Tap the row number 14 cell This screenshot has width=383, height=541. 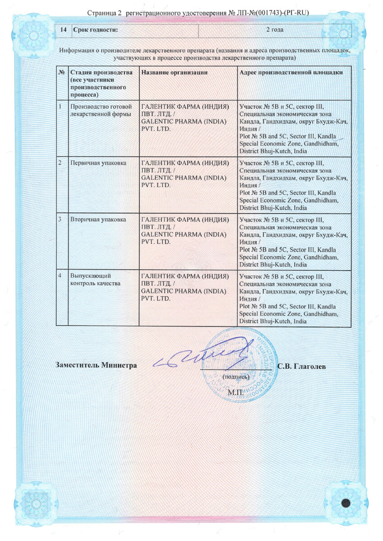64,30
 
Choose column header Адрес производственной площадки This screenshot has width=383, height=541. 291,73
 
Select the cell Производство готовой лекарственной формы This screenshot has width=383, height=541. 101,110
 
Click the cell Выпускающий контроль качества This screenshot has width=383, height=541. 95,280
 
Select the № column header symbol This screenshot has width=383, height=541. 60,73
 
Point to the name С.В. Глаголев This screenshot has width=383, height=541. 302,366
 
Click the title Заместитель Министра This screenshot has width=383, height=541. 96,365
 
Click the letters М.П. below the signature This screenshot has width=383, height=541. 235,392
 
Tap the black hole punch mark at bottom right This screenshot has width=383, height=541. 346,503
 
